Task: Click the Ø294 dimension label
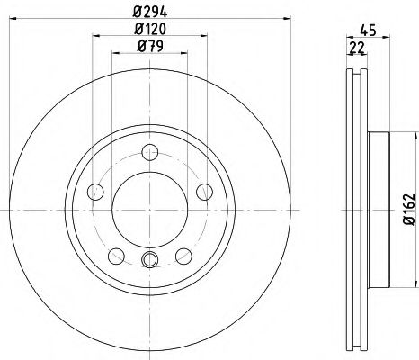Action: (x=150, y=12)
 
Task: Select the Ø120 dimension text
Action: (x=150, y=29)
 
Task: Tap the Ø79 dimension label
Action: (x=150, y=46)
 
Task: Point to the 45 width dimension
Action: (x=368, y=31)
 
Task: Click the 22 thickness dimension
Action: (x=357, y=48)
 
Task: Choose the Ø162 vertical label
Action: (x=409, y=210)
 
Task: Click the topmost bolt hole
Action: (x=150, y=152)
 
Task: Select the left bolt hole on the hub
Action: (x=95, y=192)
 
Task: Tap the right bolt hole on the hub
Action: (x=204, y=192)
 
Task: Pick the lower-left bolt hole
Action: (x=116, y=256)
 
